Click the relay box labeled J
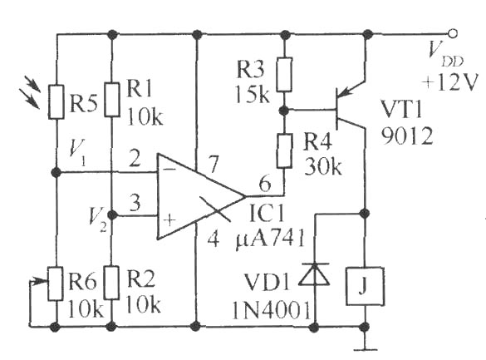tap(366, 286)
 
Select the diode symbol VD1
tap(314, 274)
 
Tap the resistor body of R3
tap(284, 75)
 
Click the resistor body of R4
tap(284, 151)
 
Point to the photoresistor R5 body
tap(56, 101)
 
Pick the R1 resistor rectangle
tap(111, 100)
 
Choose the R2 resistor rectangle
tap(111, 283)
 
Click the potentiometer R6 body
tap(56, 284)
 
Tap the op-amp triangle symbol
tap(202, 196)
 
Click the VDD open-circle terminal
tap(453, 33)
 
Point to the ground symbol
tap(366, 345)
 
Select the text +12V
tap(449, 82)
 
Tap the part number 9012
tap(406, 136)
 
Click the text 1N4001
tap(271, 310)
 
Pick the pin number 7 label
tap(214, 165)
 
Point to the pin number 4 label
tap(213, 239)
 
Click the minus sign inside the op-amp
tap(169, 169)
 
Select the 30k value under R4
tap(323, 168)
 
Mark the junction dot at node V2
tap(112, 215)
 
